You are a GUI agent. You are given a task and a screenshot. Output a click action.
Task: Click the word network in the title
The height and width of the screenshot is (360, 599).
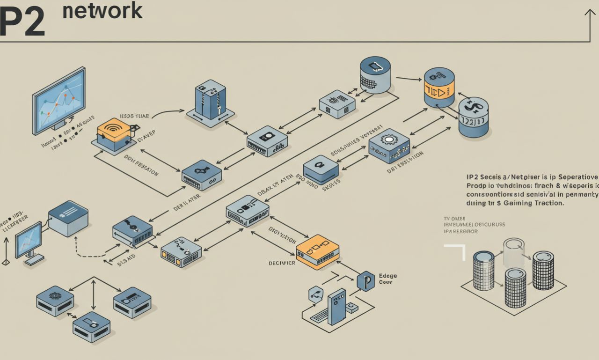click(x=102, y=11)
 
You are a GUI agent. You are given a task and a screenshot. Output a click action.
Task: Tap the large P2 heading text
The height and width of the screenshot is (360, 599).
click(x=22, y=22)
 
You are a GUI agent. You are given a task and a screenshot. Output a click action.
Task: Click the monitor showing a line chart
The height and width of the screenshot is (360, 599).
click(x=59, y=98)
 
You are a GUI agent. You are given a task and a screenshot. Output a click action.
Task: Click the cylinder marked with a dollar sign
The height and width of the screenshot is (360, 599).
click(x=473, y=117)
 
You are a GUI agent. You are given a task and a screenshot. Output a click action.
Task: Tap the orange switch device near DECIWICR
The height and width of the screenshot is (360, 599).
click(x=317, y=252)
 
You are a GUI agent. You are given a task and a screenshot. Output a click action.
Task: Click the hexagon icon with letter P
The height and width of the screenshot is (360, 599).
click(x=365, y=281)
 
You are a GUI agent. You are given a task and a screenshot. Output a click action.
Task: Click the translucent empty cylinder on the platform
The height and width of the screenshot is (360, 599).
click(x=513, y=253)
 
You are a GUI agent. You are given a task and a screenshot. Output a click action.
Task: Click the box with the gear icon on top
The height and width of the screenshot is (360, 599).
click(x=389, y=145)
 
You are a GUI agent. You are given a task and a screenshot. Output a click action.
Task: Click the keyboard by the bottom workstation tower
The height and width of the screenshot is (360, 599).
click(x=319, y=316)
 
